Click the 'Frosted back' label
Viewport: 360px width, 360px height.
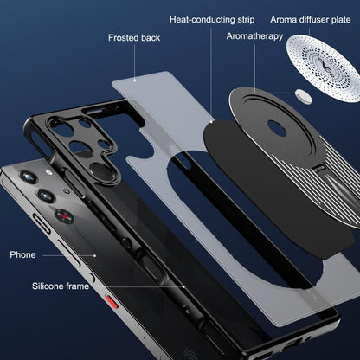click(x=134, y=38)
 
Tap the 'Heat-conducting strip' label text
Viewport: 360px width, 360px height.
click(x=212, y=20)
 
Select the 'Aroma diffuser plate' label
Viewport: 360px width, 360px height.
click(x=311, y=20)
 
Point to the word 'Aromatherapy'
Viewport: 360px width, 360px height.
click(x=254, y=36)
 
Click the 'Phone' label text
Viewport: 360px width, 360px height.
click(x=22, y=254)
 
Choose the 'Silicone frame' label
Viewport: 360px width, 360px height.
click(x=61, y=286)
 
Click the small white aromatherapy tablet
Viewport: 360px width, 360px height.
click(x=304, y=96)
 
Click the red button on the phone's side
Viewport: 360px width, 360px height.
click(x=112, y=302)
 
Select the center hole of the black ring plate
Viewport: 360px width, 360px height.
click(x=277, y=128)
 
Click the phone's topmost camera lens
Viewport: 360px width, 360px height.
click(x=28, y=177)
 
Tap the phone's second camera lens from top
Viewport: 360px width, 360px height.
click(x=46, y=196)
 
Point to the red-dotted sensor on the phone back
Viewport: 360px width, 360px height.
click(x=64, y=216)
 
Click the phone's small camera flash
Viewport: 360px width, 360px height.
click(x=48, y=172)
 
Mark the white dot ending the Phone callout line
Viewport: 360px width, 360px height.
click(x=94, y=255)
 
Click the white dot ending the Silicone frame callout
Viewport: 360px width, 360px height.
click(x=183, y=286)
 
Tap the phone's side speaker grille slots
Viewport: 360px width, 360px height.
click(x=42, y=223)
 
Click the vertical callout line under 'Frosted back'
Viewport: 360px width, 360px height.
click(x=134, y=62)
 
